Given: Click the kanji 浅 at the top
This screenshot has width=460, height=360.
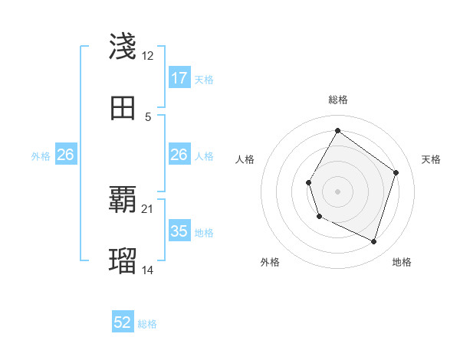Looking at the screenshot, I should pyautogui.click(x=123, y=47).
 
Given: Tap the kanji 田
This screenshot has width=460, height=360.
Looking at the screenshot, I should pyautogui.click(x=123, y=108).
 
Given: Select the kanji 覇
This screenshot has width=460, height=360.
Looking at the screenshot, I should pyautogui.click(x=123, y=201).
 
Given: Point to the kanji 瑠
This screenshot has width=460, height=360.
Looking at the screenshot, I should pyautogui.click(x=123, y=261).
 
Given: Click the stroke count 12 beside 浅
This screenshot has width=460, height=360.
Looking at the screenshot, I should pyautogui.click(x=148, y=56).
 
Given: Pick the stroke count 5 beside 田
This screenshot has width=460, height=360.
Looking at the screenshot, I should pyautogui.click(x=148, y=116).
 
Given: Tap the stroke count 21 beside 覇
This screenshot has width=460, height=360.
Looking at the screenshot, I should pyautogui.click(x=148, y=209).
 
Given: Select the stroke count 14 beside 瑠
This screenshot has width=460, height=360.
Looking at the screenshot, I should pyautogui.click(x=148, y=270).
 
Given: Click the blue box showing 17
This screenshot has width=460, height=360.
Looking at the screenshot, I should pyautogui.click(x=179, y=78).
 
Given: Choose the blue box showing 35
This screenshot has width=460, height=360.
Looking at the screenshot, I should pyautogui.click(x=179, y=231).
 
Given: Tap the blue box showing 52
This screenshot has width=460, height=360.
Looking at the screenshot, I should pyautogui.click(x=123, y=323).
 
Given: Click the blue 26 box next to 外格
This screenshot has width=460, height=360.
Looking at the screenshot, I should pyautogui.click(x=65, y=155).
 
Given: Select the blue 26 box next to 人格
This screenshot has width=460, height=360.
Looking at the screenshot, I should pyautogui.click(x=179, y=155).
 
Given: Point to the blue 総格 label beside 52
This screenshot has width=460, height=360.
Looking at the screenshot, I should pyautogui.click(x=148, y=324).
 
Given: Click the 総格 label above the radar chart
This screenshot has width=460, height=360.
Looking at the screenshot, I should pyautogui.click(x=338, y=100).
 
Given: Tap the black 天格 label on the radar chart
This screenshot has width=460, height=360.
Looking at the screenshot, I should pyautogui.click(x=431, y=159).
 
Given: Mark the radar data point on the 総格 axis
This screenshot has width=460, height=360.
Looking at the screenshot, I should pyautogui.click(x=337, y=130).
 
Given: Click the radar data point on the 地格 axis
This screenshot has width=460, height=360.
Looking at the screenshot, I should pyautogui.click(x=374, y=242).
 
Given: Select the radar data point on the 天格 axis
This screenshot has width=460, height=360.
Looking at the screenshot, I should pyautogui.click(x=396, y=172).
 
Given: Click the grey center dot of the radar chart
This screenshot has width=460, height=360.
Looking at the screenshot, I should pyautogui.click(x=337, y=191).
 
